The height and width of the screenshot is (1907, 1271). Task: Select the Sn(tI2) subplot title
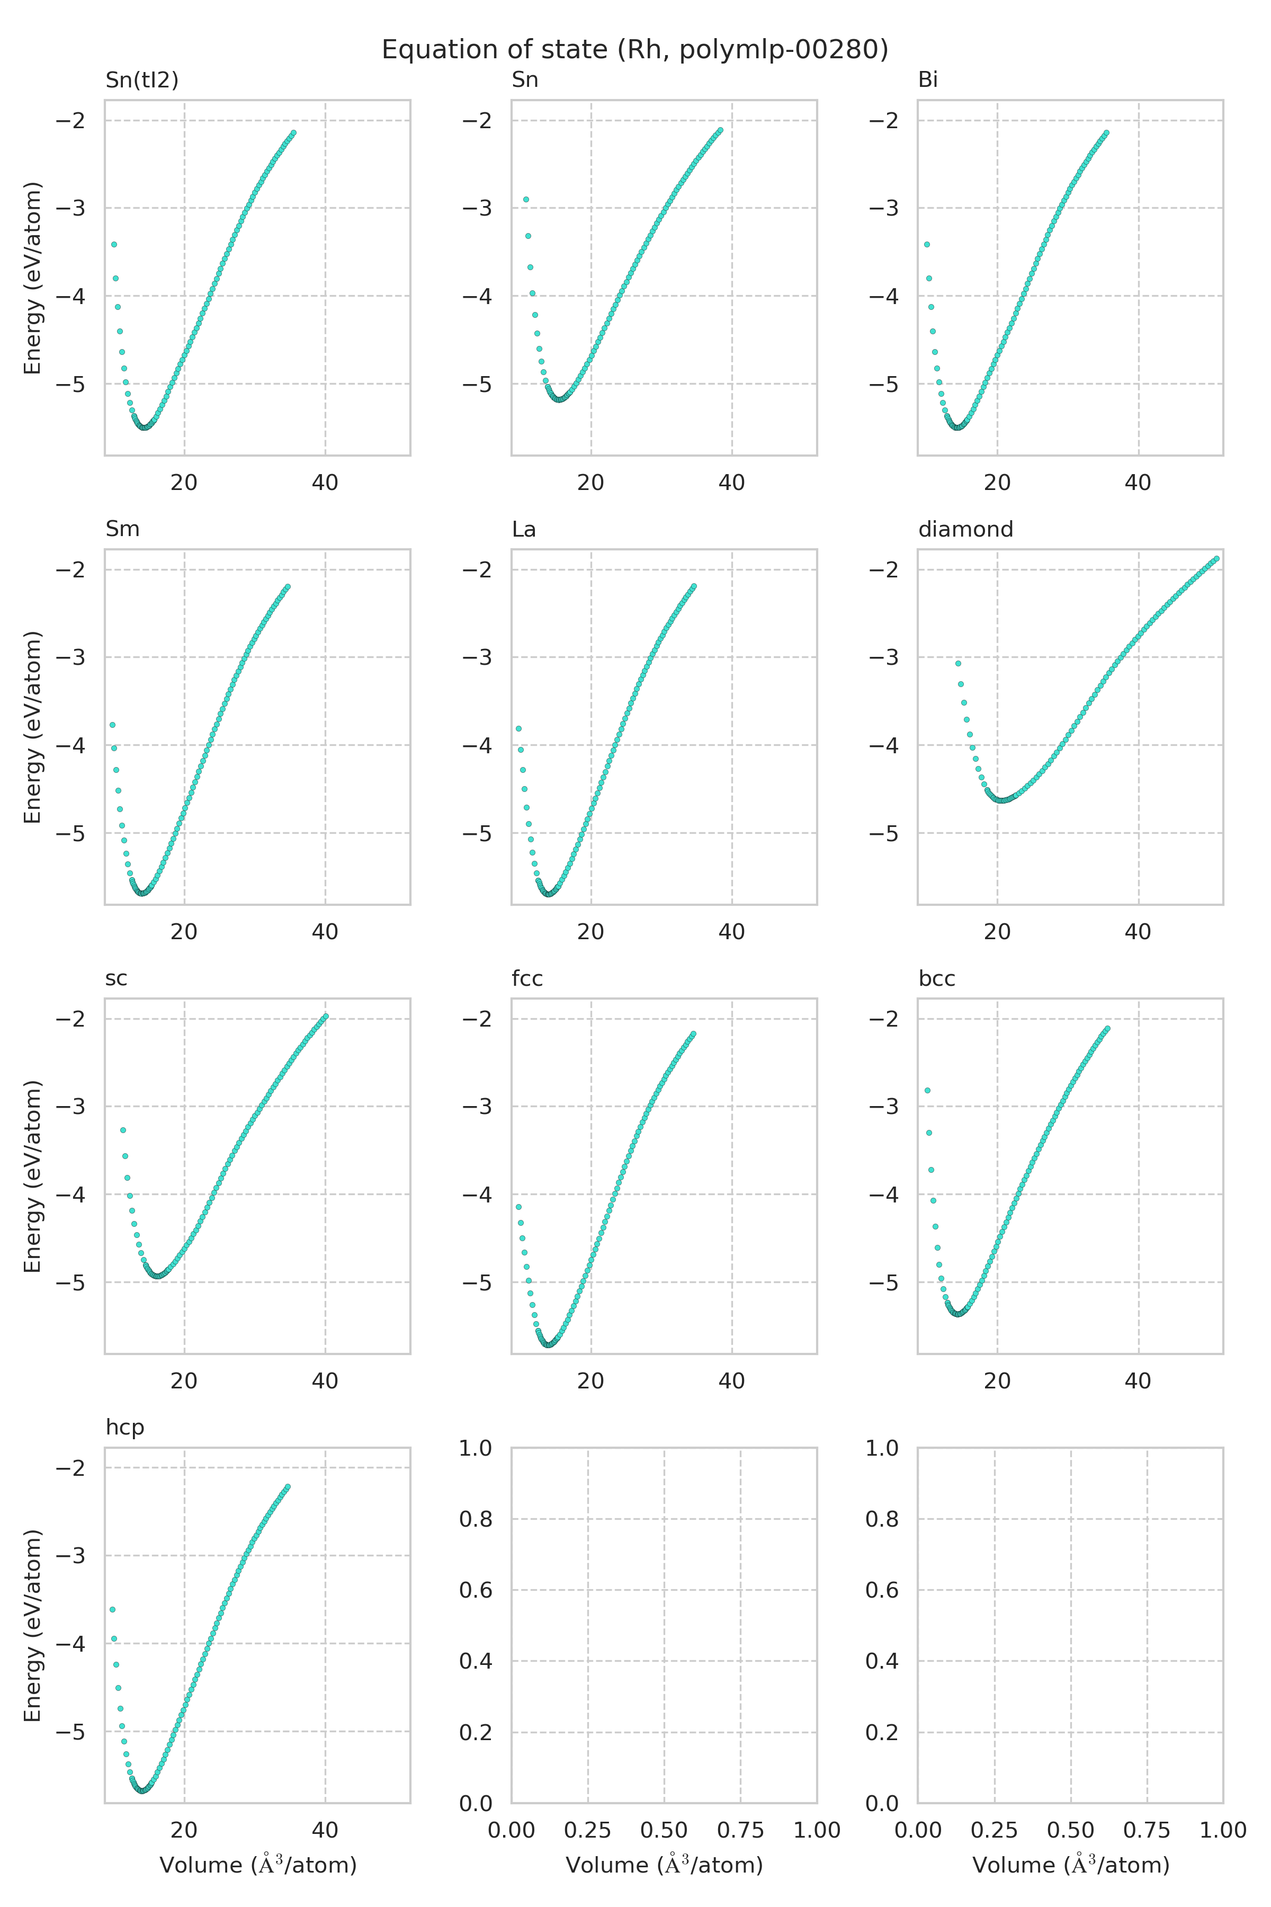click(142, 79)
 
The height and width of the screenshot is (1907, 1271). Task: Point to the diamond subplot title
click(965, 529)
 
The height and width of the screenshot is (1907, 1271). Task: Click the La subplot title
click(524, 529)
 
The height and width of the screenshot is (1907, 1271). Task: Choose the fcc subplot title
click(527, 978)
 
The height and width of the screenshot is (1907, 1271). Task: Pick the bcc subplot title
click(936, 978)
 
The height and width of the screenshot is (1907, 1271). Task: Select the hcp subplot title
click(125, 1427)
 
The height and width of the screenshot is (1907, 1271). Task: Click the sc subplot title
click(116, 978)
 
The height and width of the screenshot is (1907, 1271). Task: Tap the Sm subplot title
click(122, 529)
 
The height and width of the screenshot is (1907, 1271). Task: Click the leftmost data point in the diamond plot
click(958, 663)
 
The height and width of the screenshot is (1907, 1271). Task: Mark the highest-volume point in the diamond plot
click(1216, 559)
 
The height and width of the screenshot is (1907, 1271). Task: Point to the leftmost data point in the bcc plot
click(927, 1091)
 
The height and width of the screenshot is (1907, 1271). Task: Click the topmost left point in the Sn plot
click(526, 200)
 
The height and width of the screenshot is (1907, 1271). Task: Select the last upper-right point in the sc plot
click(326, 1016)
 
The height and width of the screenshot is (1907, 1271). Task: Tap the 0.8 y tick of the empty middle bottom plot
click(477, 1519)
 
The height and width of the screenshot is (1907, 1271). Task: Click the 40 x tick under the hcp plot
click(325, 1830)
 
